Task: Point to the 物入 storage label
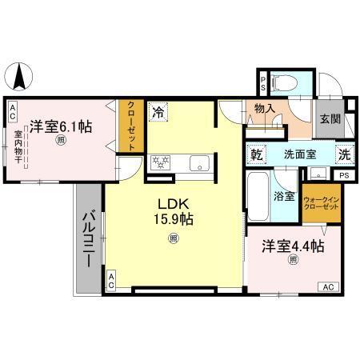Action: coord(266,109)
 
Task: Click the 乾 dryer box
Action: coord(258,154)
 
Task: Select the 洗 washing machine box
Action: coord(343,154)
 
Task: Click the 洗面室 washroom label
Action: coord(299,154)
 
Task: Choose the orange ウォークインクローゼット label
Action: coord(321,203)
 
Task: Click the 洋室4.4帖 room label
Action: coord(294,247)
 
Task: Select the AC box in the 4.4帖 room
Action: coord(328,286)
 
